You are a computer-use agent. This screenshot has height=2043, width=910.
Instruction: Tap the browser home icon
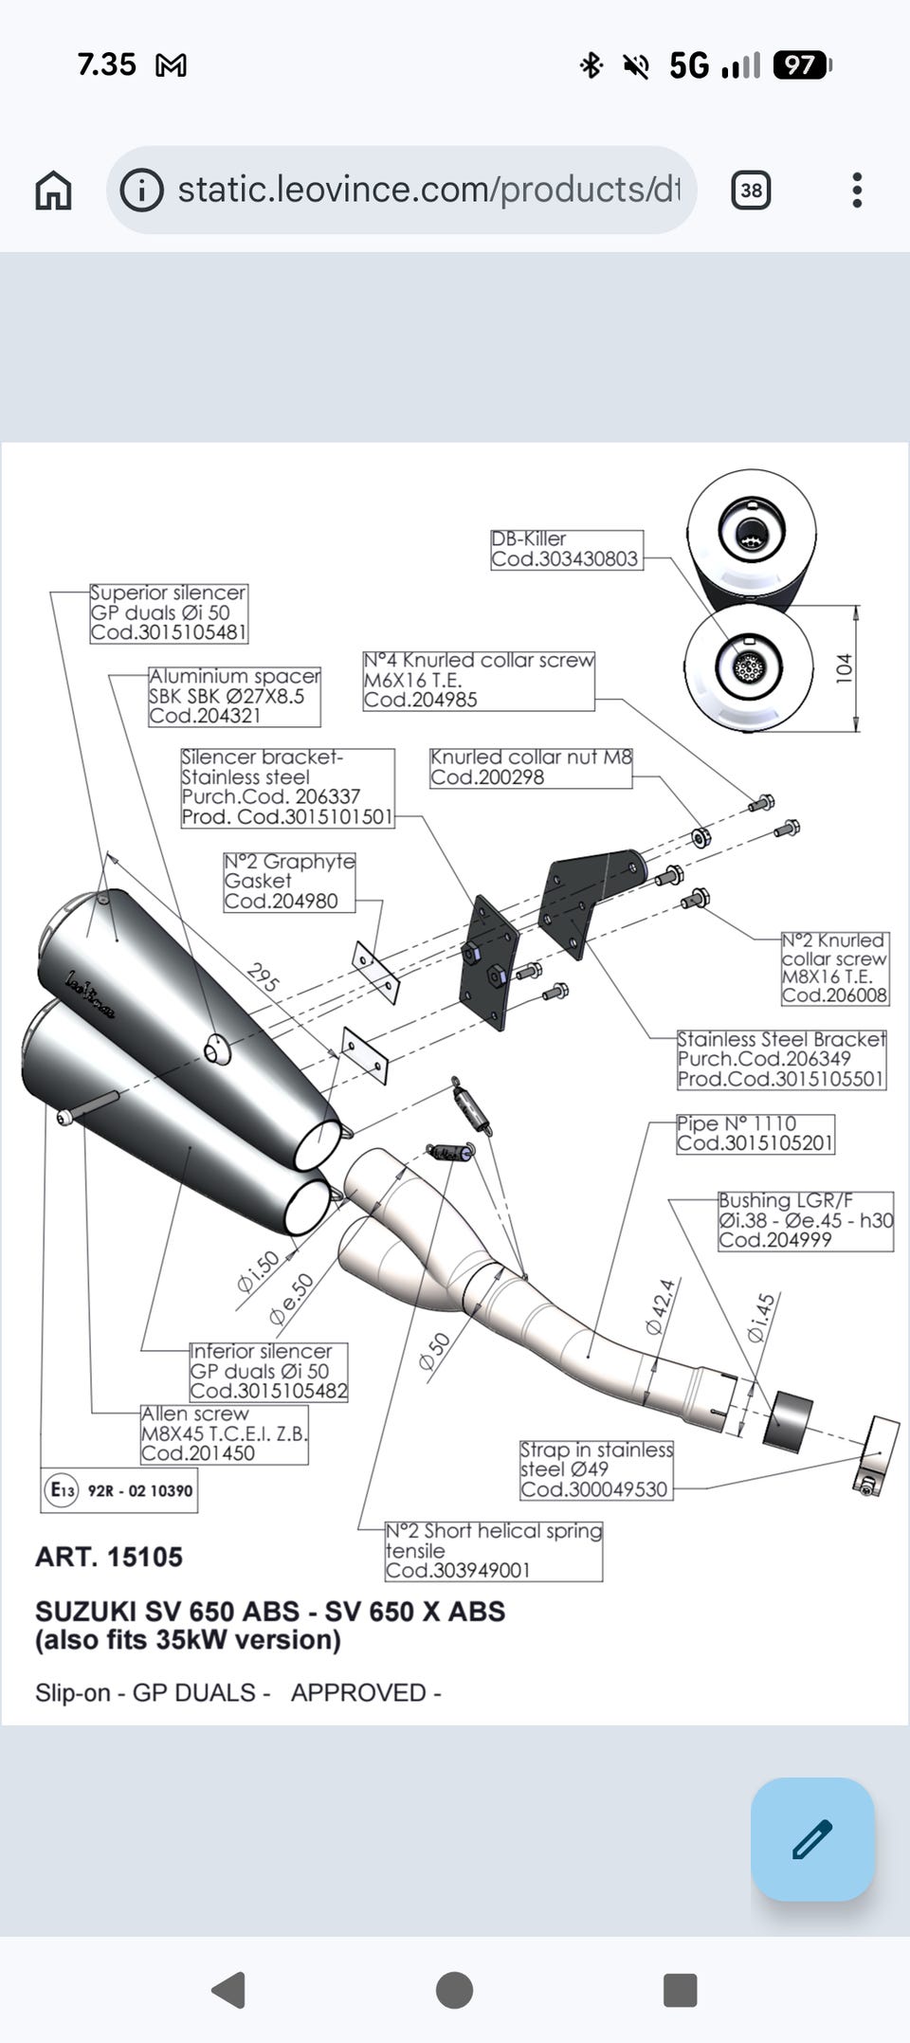coord(53,191)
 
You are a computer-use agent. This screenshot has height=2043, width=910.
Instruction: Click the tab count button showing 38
coord(751,191)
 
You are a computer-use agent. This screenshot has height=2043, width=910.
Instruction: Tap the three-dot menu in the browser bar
coord(857,191)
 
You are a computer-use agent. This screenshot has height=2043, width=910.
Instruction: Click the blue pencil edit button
coord(812,1839)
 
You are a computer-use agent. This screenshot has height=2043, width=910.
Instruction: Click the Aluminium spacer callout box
coord(234,697)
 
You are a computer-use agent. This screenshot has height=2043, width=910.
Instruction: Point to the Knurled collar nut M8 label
coord(530,768)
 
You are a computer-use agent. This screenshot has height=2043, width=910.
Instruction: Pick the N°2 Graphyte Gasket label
coord(289,882)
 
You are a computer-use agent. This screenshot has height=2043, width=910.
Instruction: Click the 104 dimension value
coord(844,667)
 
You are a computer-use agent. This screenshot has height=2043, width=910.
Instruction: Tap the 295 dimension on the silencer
coord(263,976)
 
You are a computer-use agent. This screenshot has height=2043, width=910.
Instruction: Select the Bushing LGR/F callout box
coord(806,1221)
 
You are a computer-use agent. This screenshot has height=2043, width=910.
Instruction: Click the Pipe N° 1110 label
coord(755,1134)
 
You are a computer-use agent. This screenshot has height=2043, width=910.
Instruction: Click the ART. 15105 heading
coord(109,1557)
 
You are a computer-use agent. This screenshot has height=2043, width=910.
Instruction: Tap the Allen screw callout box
coord(224,1434)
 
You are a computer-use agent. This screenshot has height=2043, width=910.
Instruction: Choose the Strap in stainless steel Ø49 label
coord(596,1470)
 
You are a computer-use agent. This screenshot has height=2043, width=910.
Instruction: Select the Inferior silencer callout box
coord(268,1372)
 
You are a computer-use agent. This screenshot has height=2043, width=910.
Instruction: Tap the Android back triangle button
coord(229,1990)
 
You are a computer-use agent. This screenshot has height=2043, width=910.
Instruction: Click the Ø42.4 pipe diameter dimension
coord(661,1306)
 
